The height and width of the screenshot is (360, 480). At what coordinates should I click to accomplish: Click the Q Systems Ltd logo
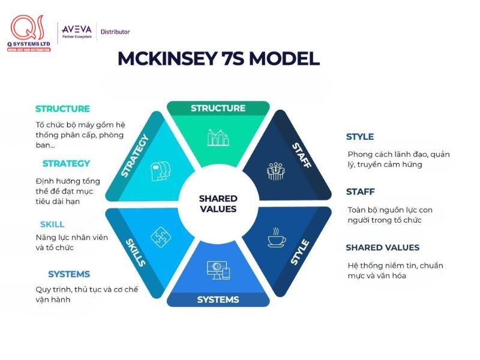pos(29,33)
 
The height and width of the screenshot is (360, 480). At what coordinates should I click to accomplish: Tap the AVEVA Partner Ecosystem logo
pos(77,32)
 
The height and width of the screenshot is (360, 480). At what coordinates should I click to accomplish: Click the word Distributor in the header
pos(115,32)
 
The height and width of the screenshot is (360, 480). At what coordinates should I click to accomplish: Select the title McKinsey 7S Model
pos(218,58)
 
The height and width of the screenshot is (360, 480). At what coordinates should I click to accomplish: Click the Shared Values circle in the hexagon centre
pos(218,203)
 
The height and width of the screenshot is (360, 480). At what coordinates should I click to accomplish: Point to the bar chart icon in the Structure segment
pos(218,137)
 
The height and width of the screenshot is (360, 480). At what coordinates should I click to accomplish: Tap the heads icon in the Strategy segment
pos(160,171)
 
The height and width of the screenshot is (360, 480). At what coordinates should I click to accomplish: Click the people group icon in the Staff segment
pos(275,171)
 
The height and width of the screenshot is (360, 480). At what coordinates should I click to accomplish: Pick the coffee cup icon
pos(277,237)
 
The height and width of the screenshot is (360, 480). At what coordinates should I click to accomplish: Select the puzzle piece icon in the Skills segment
pos(161,237)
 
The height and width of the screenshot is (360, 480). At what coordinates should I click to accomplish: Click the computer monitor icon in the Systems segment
pos(218,271)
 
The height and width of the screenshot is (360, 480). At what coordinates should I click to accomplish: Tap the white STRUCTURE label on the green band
pos(218,108)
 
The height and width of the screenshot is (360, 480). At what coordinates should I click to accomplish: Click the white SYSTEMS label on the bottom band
pos(218,299)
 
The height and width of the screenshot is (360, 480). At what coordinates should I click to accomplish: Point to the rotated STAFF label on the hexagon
pos(302,155)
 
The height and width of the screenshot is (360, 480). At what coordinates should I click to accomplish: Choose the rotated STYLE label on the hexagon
pos(299,252)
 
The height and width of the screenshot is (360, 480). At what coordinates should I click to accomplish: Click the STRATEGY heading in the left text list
pos(66,163)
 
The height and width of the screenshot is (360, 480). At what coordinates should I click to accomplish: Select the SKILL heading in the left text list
pos(52,224)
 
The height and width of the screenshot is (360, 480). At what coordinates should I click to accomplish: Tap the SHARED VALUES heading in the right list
pos(383,247)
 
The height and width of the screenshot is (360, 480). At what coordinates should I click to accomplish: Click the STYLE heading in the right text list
pos(360,137)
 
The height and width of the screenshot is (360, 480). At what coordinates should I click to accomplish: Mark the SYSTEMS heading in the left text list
pos(69,274)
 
